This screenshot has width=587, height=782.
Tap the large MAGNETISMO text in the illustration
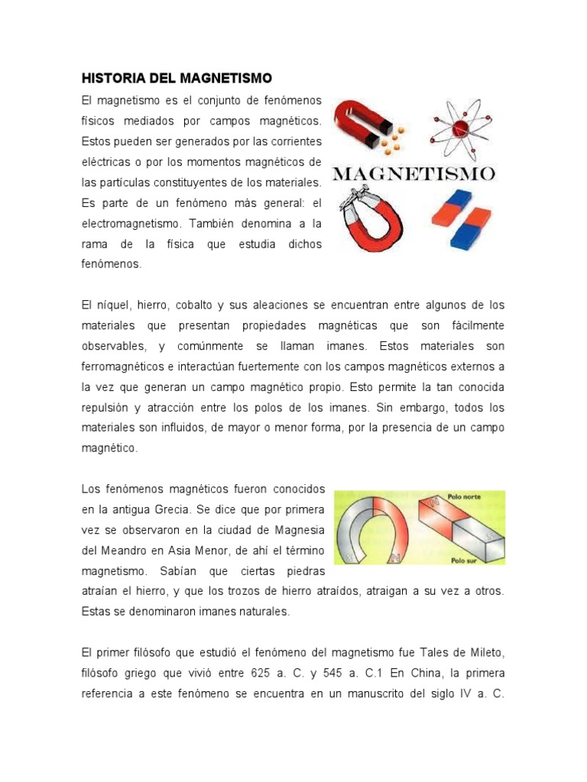click(413, 173)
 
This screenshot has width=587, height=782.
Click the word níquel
click(110, 305)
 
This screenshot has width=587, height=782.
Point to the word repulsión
click(106, 408)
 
